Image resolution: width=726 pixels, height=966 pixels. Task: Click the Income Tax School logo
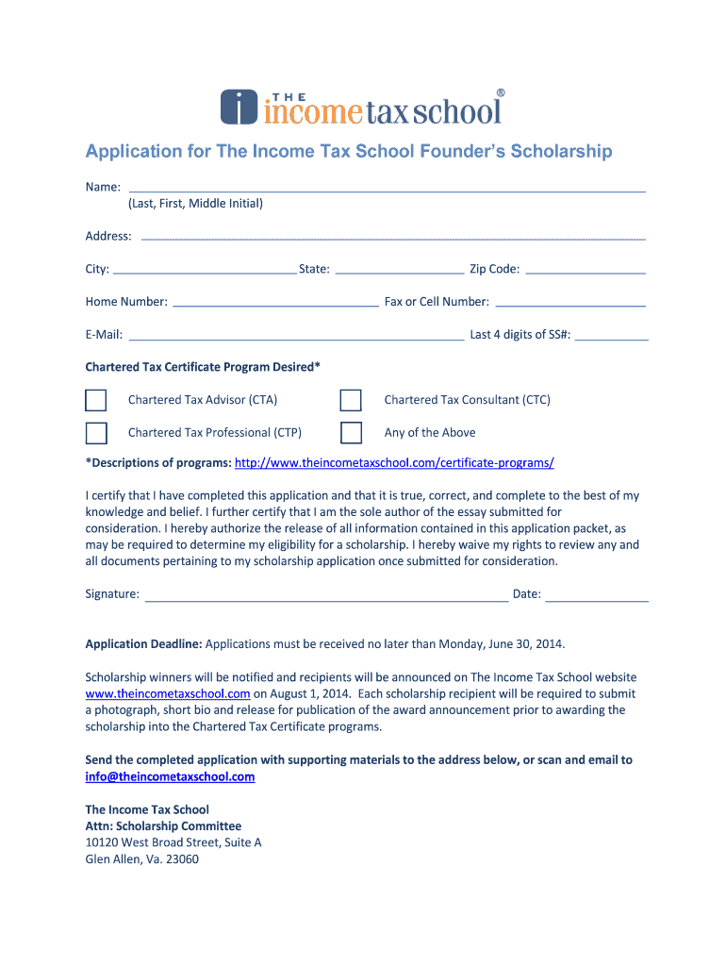point(362,107)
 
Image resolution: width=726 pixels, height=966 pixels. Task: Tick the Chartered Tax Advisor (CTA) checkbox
point(96,400)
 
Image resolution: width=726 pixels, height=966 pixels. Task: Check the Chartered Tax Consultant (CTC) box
point(351,400)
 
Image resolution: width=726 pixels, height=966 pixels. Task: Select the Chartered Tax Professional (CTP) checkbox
point(96,433)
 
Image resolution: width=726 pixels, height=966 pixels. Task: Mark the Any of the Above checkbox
point(351,433)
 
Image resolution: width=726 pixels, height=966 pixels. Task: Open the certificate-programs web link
point(394,463)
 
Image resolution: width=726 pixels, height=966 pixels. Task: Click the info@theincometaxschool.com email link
point(170,777)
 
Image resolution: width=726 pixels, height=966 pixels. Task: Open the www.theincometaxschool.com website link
point(168,693)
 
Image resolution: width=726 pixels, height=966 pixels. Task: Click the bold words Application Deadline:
point(143,644)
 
